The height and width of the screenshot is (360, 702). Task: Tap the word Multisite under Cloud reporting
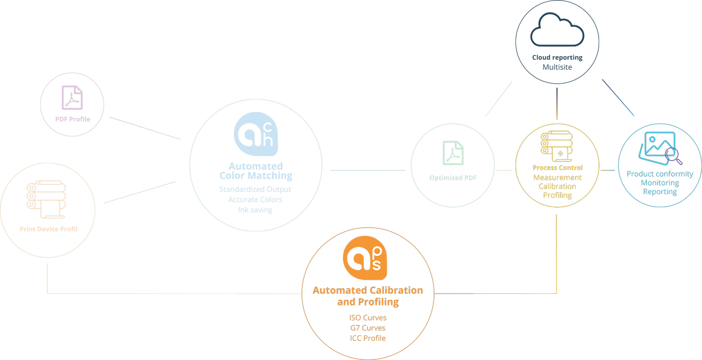coord(557,67)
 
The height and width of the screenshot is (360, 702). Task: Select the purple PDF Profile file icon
coord(73,98)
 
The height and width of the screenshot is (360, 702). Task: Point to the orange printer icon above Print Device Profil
coord(46,200)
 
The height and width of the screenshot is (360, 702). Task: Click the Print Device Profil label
coord(49,229)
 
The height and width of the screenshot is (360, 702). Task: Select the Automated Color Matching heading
coord(256,171)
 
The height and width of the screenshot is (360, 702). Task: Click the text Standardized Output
coord(255,190)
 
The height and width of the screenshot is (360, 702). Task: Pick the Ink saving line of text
coord(255,210)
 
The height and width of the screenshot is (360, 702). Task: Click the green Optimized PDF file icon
coord(453,153)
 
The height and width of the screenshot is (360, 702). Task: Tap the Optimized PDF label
coord(453,177)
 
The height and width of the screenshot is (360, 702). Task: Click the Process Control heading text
coord(558,168)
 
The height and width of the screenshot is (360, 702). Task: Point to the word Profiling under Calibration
coord(558,196)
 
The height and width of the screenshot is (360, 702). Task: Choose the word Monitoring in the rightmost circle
coord(660,183)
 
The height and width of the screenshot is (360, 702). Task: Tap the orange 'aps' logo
coord(365,258)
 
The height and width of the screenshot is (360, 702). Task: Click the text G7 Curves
coord(368,328)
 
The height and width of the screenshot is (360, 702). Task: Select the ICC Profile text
coord(368,338)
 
